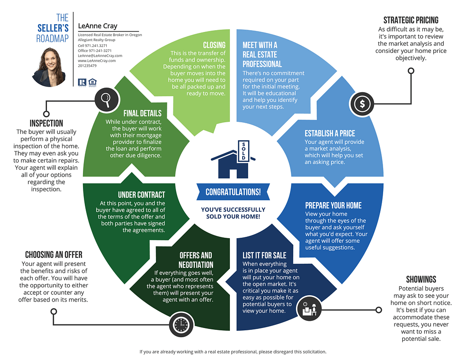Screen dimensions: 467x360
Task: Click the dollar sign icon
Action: tap(362, 104)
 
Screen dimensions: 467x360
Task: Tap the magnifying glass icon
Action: tap(106, 100)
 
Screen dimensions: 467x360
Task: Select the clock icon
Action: tap(181, 324)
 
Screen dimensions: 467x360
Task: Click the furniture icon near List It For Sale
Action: tap(310, 308)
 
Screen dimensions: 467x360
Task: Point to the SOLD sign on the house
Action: tap(244, 151)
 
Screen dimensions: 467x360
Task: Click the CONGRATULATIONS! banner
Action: tap(233, 192)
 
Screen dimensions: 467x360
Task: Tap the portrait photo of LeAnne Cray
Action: tap(49, 68)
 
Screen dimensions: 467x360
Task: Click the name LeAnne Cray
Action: tap(98, 26)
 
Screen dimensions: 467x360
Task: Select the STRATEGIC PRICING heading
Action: tap(411, 20)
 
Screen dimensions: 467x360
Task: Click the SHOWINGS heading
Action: tap(421, 279)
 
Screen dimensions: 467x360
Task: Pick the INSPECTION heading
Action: tap(46, 123)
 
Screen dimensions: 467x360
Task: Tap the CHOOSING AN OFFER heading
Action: tap(54, 255)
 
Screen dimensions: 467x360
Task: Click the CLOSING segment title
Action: tap(214, 45)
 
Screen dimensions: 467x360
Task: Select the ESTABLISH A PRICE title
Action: tap(330, 133)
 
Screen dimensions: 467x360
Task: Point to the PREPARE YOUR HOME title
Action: tap(333, 205)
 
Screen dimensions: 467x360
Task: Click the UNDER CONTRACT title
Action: tap(141, 195)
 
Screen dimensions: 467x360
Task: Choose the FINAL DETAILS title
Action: tap(142, 113)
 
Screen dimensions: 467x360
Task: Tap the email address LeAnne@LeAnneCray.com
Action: tap(100, 56)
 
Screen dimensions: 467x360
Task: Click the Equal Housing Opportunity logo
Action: tap(93, 82)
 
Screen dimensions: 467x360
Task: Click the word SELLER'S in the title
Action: tap(53, 28)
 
